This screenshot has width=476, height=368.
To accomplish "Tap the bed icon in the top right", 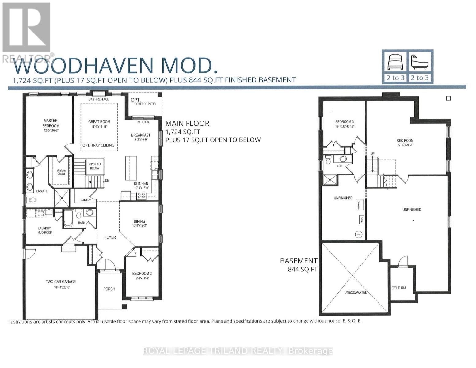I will click(x=395, y=62).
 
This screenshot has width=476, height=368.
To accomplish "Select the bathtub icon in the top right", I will click(x=419, y=62).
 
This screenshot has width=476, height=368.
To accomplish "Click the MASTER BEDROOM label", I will click(x=51, y=123).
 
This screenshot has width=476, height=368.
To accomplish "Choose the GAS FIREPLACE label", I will click(x=99, y=99).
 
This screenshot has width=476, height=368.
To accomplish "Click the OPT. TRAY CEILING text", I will click(x=98, y=145).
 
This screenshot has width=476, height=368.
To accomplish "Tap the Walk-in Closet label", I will click(x=61, y=172).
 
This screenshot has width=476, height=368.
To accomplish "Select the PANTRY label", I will click(x=86, y=200).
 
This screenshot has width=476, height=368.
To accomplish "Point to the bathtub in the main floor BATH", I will click(x=68, y=218).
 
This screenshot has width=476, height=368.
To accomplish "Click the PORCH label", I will click(x=109, y=289).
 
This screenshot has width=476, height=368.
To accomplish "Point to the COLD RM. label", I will click(x=399, y=288).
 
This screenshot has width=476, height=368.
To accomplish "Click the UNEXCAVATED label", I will click(x=356, y=293).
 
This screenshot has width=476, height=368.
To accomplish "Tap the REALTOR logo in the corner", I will click(x=27, y=31).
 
